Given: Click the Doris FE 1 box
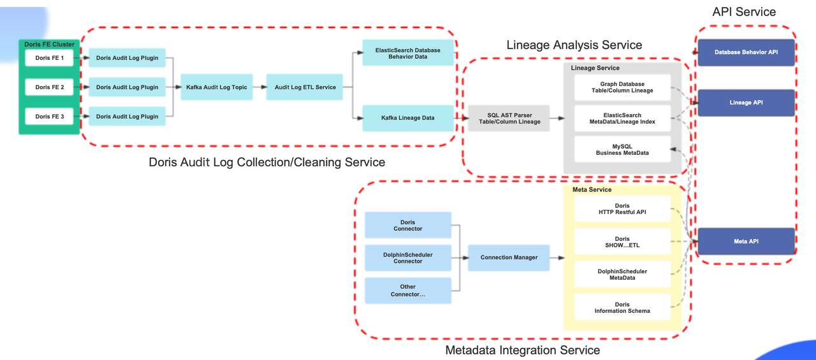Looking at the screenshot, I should (x=50, y=58).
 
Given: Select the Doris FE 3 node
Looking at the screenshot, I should (x=50, y=117).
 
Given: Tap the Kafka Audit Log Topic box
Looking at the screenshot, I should (x=216, y=87).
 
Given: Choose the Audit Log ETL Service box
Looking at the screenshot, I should (x=305, y=87).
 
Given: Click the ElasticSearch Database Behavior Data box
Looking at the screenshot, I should (x=408, y=53).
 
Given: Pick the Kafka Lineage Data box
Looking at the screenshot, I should (x=408, y=118).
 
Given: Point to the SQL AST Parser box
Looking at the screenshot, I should (x=509, y=118).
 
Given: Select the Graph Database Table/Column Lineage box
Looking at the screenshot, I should (x=622, y=87).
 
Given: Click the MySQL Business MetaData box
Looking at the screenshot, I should (x=622, y=149).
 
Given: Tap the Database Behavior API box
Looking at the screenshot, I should (x=746, y=52).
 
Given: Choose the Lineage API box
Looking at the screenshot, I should (x=746, y=103).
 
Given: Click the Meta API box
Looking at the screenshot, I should (x=746, y=241).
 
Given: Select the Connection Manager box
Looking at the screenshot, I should (x=509, y=257).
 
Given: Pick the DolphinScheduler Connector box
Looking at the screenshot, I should (x=408, y=257).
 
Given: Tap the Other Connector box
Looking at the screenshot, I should (x=408, y=291).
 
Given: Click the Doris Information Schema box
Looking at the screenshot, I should (x=622, y=308).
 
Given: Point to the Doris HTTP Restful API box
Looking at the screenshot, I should (x=622, y=209).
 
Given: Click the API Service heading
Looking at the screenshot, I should (x=744, y=11).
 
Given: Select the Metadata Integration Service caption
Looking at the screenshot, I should (x=522, y=350).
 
